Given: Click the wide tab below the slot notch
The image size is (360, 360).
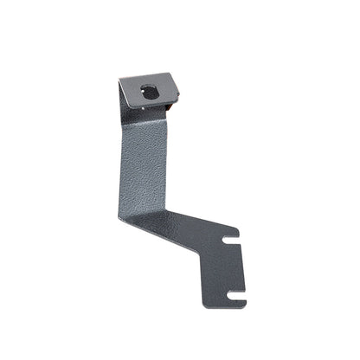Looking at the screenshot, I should coord(227,254).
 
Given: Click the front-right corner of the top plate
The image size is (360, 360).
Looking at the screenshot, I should coord(178,97).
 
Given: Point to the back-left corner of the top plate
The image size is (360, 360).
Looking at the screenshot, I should coord(120,78).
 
